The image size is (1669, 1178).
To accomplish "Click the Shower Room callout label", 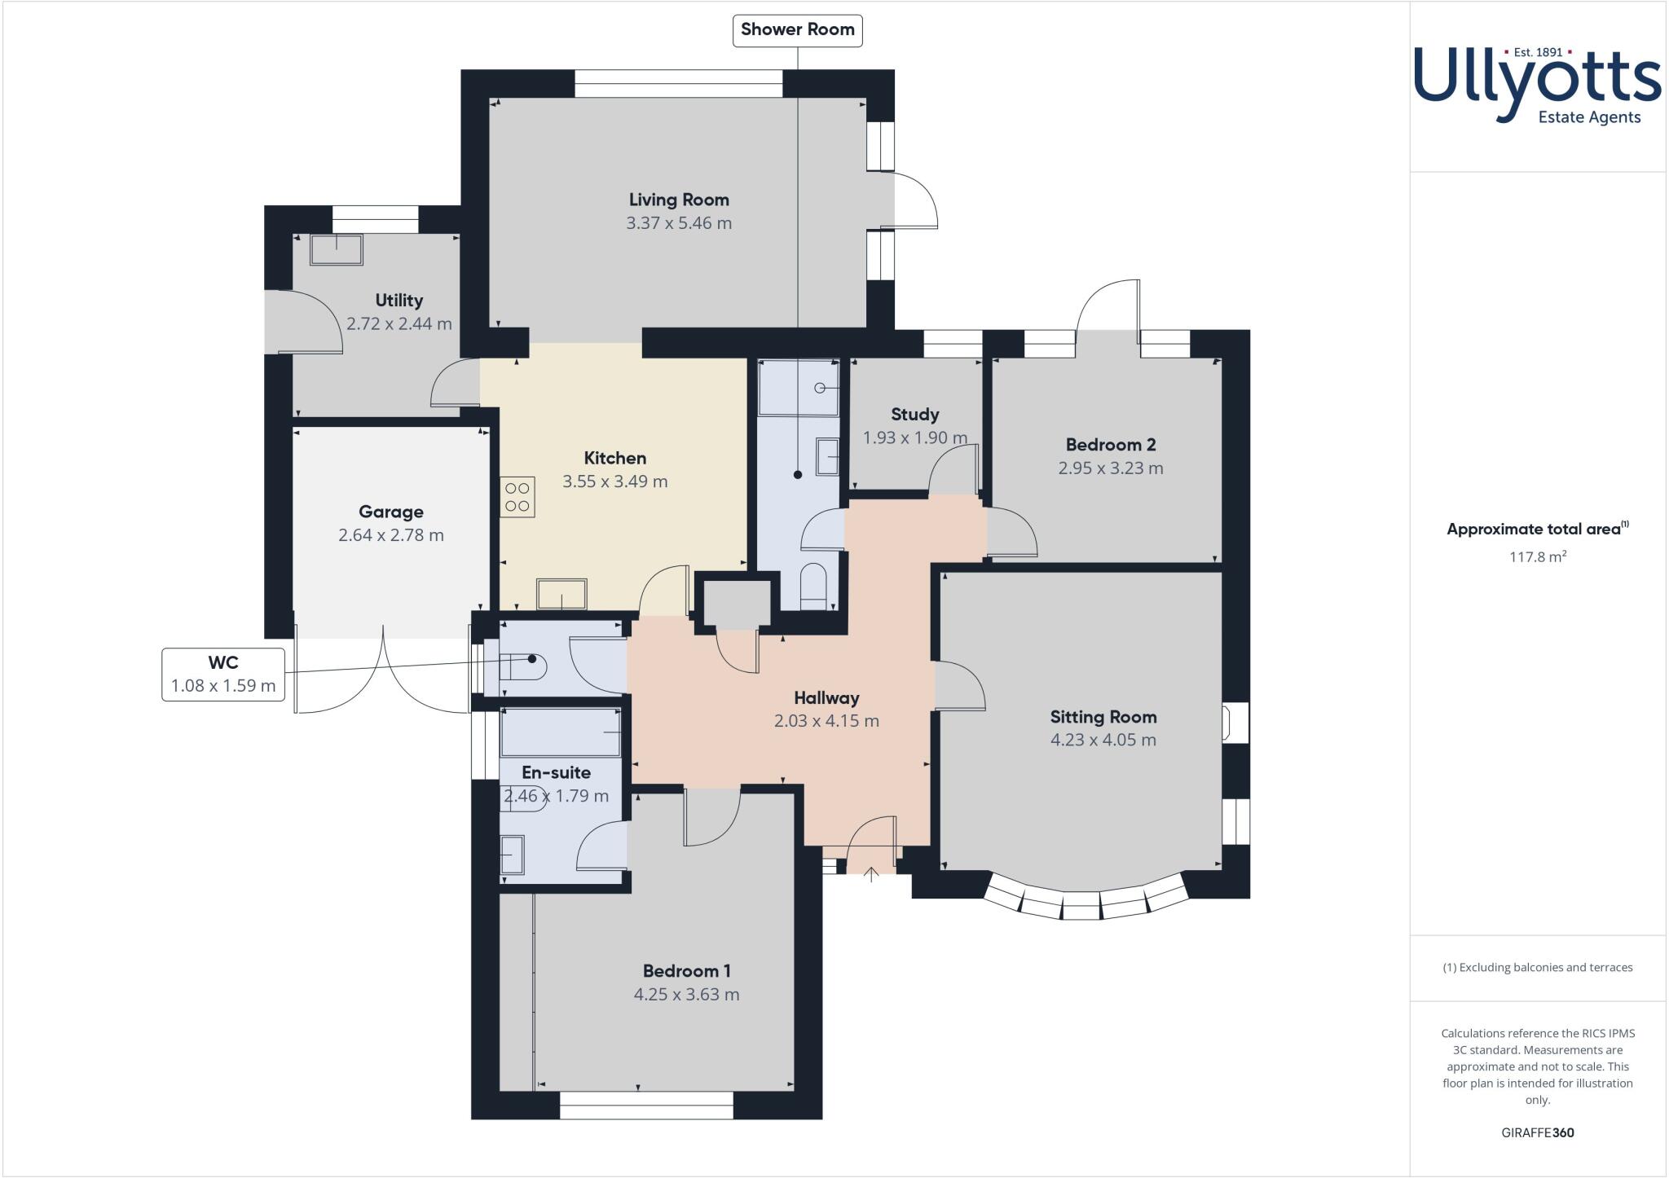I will pyautogui.click(x=797, y=30).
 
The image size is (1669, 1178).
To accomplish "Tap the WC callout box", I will pyautogui.click(x=223, y=674).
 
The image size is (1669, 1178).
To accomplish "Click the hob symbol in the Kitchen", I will pyautogui.click(x=517, y=497).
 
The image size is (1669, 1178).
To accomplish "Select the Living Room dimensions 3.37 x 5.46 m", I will pyautogui.click(x=679, y=223).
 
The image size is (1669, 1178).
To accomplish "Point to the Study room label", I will pyautogui.click(x=914, y=414).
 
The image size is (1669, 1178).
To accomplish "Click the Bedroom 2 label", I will pyautogui.click(x=1110, y=445).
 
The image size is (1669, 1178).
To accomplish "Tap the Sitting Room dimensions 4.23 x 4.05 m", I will pyautogui.click(x=1103, y=740).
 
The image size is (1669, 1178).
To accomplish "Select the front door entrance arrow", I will pyautogui.click(x=870, y=874).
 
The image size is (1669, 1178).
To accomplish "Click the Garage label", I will pyautogui.click(x=390, y=512).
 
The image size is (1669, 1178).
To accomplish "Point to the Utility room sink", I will pyautogui.click(x=337, y=250).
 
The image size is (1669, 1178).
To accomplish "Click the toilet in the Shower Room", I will pyautogui.click(x=813, y=587).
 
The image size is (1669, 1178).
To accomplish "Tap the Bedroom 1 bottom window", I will pyautogui.click(x=646, y=1105).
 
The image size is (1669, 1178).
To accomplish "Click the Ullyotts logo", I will pyautogui.click(x=1537, y=85).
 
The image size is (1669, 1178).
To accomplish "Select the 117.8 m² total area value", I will pyautogui.click(x=1537, y=557).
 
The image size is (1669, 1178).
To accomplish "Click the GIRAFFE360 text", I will pyautogui.click(x=1537, y=1132).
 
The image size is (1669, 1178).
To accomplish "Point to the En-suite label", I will pyautogui.click(x=556, y=772).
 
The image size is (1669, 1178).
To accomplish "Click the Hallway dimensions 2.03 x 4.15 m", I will pyautogui.click(x=826, y=721).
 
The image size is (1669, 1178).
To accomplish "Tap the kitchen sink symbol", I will pyautogui.click(x=561, y=594).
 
